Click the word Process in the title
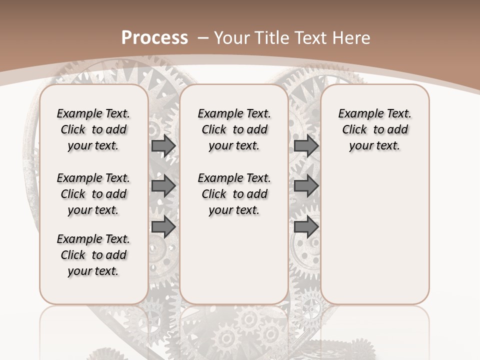pyautogui.click(x=154, y=38)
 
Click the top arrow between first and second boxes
pyautogui.click(x=163, y=145)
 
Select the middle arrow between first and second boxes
pyautogui.click(x=163, y=186)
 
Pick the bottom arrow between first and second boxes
pyautogui.click(x=163, y=227)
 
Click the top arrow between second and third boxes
pyautogui.click(x=306, y=145)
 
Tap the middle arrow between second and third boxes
pyautogui.click(x=306, y=186)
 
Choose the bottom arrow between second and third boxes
pyautogui.click(x=306, y=227)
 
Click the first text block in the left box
pyautogui.click(x=93, y=129)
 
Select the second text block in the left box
pyautogui.click(x=93, y=194)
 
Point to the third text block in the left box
pyautogui.click(x=93, y=255)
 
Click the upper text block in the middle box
pyautogui.click(x=234, y=129)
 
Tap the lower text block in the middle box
pyautogui.click(x=234, y=194)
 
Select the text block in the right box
pyautogui.click(x=375, y=129)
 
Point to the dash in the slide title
pyautogui.click(x=203, y=38)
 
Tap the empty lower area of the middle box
pyautogui.click(x=234, y=260)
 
